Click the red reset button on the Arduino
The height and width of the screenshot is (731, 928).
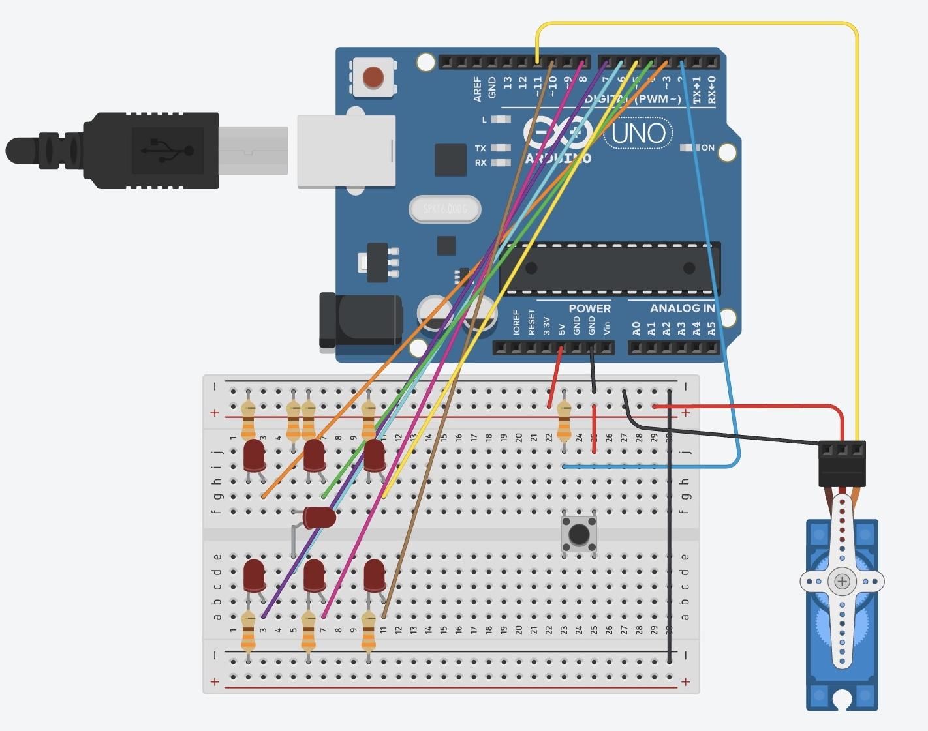click(373, 77)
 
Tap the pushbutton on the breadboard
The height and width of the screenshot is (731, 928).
click(579, 535)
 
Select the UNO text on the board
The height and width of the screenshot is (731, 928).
click(638, 133)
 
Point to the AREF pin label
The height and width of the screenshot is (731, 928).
click(478, 89)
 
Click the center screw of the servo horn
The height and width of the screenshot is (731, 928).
click(842, 581)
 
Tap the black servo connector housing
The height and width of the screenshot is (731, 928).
click(842, 463)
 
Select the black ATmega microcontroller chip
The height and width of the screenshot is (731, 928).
click(610, 268)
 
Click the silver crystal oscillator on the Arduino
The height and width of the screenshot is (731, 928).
click(445, 209)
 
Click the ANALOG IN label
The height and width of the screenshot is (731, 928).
click(682, 308)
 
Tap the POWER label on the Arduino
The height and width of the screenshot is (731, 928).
click(589, 308)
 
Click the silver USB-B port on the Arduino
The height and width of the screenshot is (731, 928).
click(346, 151)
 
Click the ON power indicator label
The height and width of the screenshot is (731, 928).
click(707, 148)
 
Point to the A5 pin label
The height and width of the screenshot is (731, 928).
click(711, 328)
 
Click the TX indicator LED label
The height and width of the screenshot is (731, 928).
click(480, 149)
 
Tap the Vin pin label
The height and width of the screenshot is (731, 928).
click(606, 327)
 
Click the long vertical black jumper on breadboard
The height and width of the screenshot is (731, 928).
click(670, 522)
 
